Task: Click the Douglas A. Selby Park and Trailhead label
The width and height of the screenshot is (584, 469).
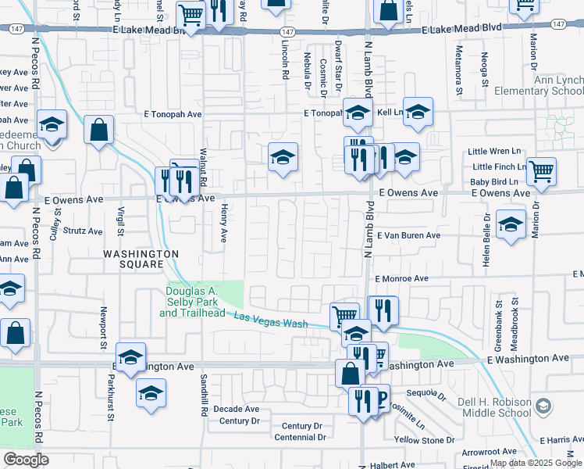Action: pyautogui.click(x=191, y=303)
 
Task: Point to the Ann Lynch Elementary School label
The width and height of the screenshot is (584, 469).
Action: pyautogui.click(x=557, y=86)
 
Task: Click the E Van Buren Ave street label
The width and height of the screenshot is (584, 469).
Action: pyautogui.click(x=408, y=234)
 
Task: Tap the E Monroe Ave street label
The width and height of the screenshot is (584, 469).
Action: pyautogui.click(x=401, y=278)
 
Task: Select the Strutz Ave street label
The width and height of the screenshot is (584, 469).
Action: pyautogui.click(x=83, y=231)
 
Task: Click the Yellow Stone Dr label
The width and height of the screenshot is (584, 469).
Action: pyautogui.click(x=425, y=440)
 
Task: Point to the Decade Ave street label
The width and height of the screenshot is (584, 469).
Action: pyautogui.click(x=236, y=409)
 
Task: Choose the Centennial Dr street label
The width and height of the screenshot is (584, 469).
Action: pyautogui.click(x=299, y=437)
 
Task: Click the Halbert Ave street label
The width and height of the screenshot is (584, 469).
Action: pyautogui.click(x=393, y=464)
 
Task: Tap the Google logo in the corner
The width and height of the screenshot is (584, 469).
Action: pyautogui.click(x=25, y=459)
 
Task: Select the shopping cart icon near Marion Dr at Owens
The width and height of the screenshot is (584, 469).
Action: pyautogui.click(x=540, y=171)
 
